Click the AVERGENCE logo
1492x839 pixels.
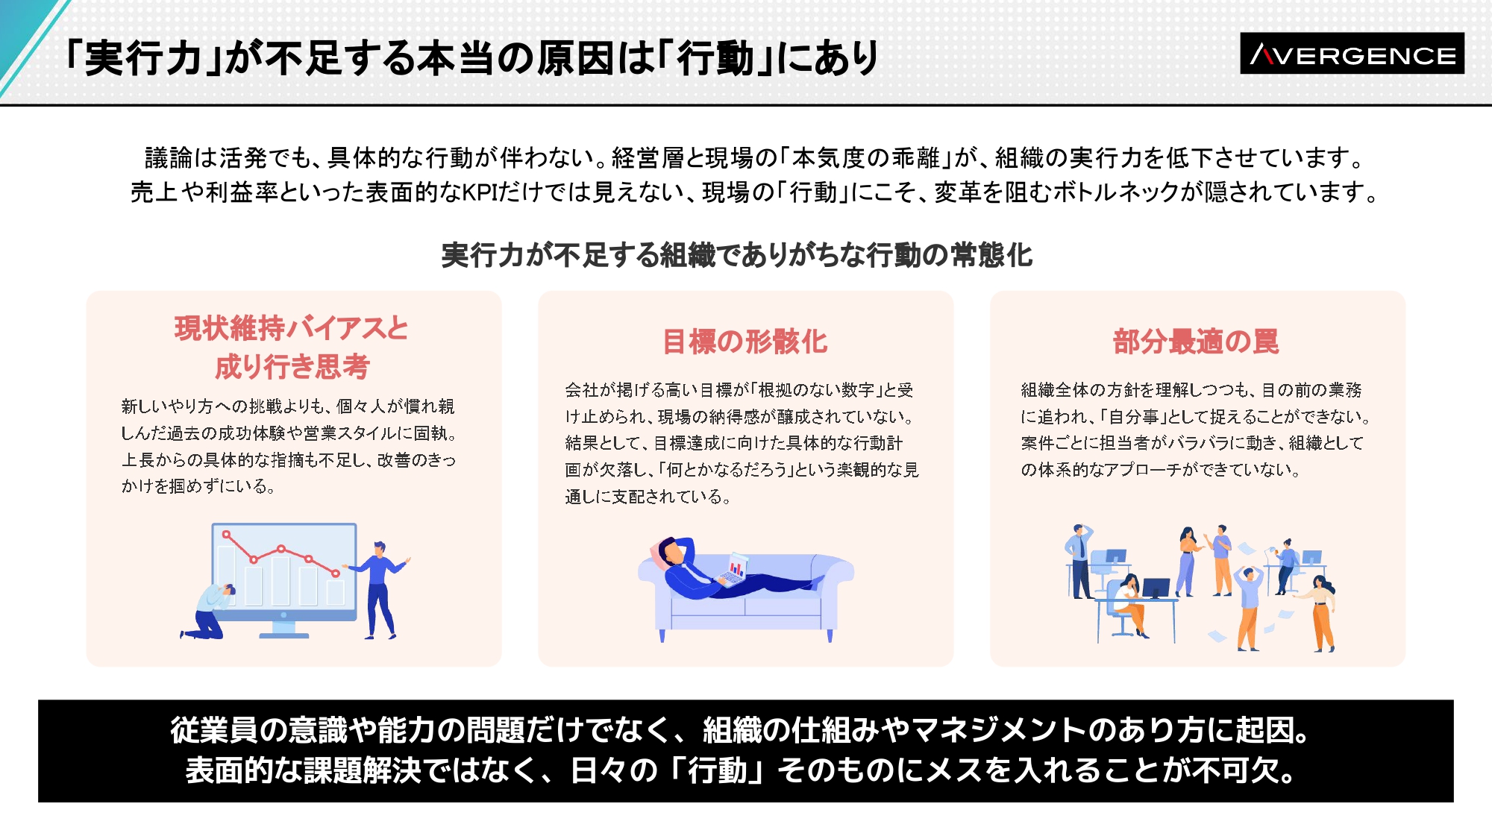point(1352,54)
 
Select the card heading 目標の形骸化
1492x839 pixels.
point(745,342)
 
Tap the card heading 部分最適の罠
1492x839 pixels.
point(1196,342)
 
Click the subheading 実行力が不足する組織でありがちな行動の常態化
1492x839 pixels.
point(737,255)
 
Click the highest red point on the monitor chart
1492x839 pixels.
point(227,535)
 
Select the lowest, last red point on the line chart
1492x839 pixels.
point(336,573)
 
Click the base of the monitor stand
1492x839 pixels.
point(283,635)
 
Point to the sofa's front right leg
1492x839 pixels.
point(830,635)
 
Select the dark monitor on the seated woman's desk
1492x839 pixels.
point(1156,588)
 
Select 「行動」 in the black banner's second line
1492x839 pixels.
point(717,770)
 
